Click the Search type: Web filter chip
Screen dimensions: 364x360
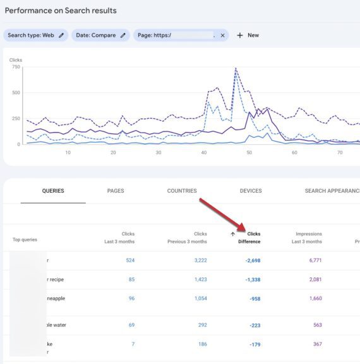[36, 35]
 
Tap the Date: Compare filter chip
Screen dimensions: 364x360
[100, 35]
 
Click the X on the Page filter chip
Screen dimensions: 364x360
[222, 35]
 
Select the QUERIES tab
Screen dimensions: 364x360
[53, 191]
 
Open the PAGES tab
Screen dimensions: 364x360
[116, 191]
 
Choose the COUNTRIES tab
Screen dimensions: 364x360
[182, 191]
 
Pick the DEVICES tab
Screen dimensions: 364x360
[251, 191]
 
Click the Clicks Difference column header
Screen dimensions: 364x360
[249, 238]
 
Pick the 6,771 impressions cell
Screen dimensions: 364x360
[315, 260]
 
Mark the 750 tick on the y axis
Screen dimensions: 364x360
[15, 67]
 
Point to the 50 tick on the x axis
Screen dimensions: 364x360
[249, 152]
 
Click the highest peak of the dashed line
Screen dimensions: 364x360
[236, 68]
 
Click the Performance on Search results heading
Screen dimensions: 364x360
[61, 11]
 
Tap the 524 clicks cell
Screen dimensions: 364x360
[129, 260]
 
